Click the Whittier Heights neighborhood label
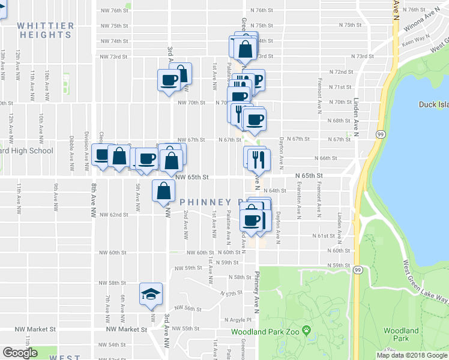(46, 31)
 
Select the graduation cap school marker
(151, 293)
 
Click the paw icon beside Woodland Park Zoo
(306, 330)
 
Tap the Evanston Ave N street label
(298, 197)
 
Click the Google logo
(20, 353)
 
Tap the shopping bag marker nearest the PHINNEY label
(164, 191)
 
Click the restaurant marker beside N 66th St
(260, 158)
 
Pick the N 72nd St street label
(340, 71)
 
